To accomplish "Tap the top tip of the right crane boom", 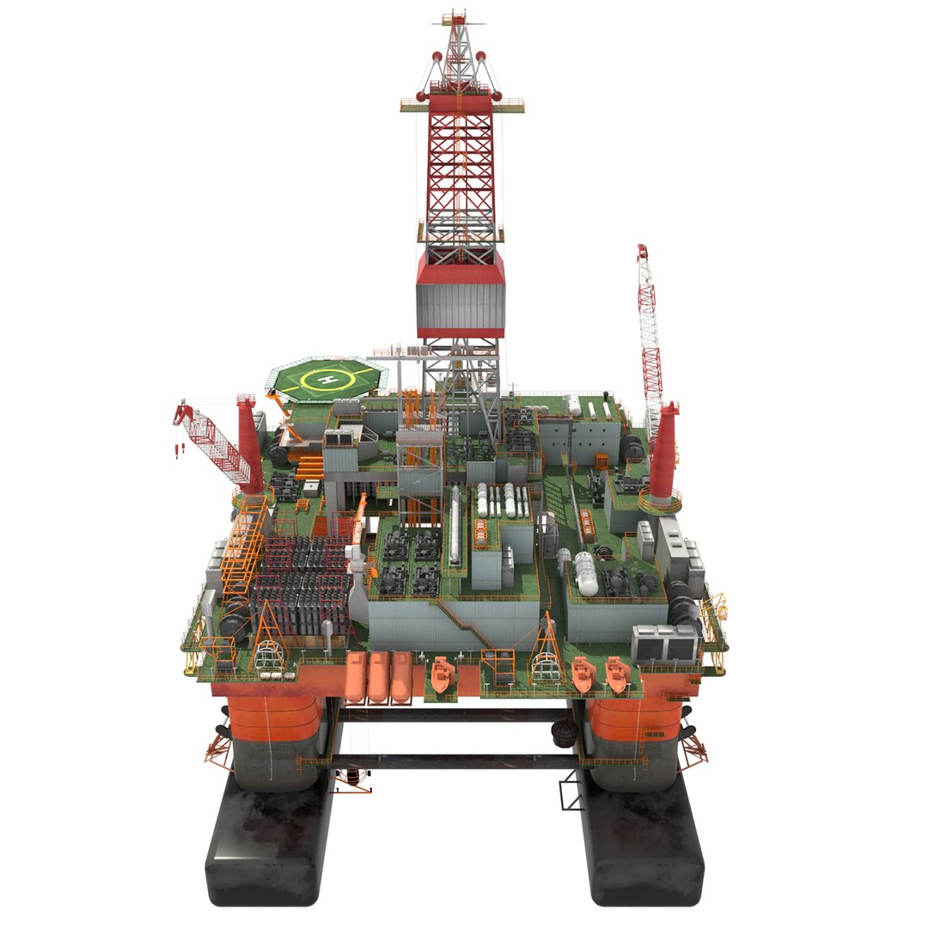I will point(641,248).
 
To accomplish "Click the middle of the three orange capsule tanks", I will point(379,675).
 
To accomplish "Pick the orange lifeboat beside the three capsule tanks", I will point(443,675).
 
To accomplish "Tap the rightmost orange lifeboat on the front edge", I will point(616,675).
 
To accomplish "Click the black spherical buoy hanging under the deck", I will point(565,733).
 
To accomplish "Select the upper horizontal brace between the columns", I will point(455,716).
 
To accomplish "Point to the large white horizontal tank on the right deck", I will point(586,572).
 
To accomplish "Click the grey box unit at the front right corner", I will point(664,642).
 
